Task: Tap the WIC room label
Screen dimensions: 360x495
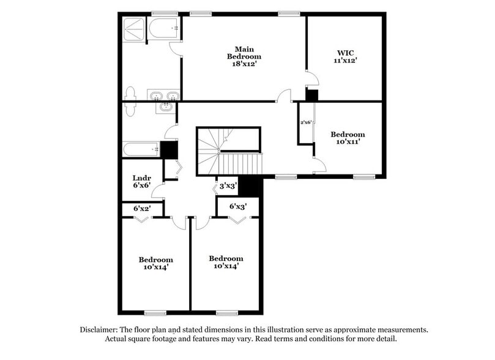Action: click(345, 52)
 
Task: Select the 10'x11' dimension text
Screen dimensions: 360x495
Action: click(348, 142)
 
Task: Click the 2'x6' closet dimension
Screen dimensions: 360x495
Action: click(306, 122)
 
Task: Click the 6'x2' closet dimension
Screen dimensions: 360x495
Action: click(142, 209)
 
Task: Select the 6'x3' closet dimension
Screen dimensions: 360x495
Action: click(238, 206)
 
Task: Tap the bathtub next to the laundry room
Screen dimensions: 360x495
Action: click(141, 149)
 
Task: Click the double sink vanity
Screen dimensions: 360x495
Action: click(163, 96)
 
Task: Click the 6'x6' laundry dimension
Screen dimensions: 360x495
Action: click(141, 186)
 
